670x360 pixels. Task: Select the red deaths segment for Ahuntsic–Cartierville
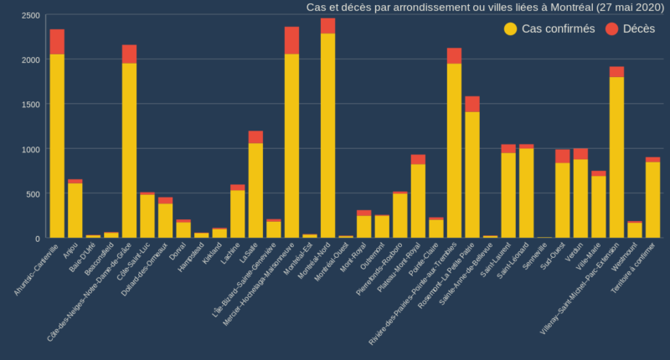pyautogui.click(x=57, y=42)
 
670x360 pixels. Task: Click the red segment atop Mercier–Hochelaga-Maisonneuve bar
pyautogui.click(x=291, y=40)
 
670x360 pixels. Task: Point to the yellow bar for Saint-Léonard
pyautogui.click(x=526, y=193)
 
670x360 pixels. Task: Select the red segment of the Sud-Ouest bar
pyautogui.click(x=562, y=156)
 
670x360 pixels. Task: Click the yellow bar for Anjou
pyautogui.click(x=75, y=210)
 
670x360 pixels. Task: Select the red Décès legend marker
pyautogui.click(x=611, y=28)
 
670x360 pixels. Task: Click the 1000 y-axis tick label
pyautogui.click(x=29, y=149)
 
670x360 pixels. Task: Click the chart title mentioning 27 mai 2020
pyautogui.click(x=485, y=8)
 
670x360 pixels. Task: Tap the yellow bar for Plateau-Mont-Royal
pyautogui.click(x=418, y=201)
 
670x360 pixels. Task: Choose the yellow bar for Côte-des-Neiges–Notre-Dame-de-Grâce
pyautogui.click(x=129, y=151)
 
